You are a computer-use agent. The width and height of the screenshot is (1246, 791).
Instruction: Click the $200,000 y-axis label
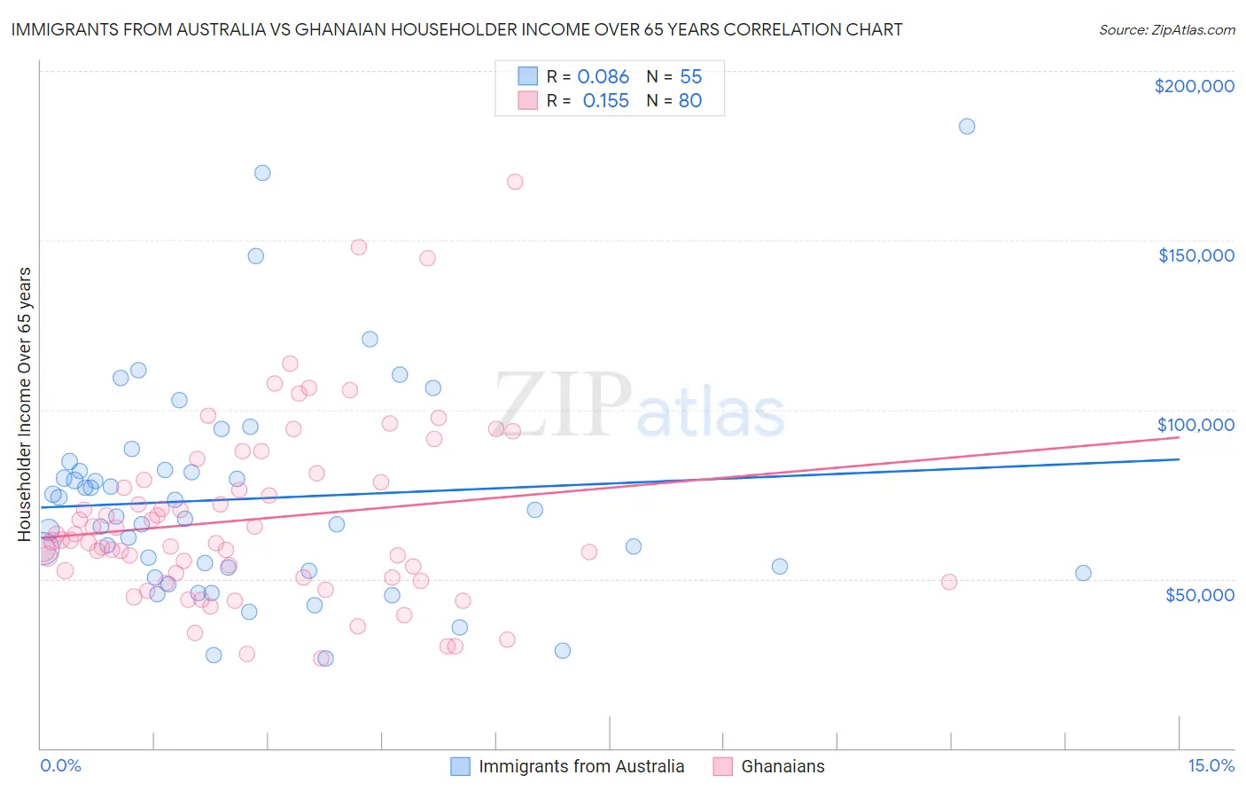1194,86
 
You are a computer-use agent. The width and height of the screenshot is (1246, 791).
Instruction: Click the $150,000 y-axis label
1195,255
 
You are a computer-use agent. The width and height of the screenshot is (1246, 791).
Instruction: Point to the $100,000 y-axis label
1195,425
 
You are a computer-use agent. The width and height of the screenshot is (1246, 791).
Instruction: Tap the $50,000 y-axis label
1199,594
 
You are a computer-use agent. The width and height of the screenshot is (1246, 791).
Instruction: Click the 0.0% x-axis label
60,765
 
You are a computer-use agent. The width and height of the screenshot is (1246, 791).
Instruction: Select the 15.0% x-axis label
1211,765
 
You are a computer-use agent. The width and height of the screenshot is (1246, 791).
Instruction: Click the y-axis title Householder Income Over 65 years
24,403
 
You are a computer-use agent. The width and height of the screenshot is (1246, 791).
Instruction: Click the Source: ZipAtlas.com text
1166,29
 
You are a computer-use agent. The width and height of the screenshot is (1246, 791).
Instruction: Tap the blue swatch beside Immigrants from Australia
460,766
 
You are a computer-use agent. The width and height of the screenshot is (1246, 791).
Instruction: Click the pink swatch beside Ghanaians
722,766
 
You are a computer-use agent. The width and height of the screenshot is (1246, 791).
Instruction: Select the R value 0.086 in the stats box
603,76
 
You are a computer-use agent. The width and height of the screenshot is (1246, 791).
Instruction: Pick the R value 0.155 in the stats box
605,100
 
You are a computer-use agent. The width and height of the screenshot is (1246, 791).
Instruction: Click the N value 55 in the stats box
690,76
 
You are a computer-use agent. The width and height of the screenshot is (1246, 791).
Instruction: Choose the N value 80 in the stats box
689,100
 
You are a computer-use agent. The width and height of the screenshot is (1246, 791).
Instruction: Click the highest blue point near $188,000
967,126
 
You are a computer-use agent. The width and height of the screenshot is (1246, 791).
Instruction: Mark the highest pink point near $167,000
515,182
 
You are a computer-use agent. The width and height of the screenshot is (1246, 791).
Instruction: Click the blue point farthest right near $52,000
1083,573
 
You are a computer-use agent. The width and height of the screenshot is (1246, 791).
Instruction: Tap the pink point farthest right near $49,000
949,582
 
